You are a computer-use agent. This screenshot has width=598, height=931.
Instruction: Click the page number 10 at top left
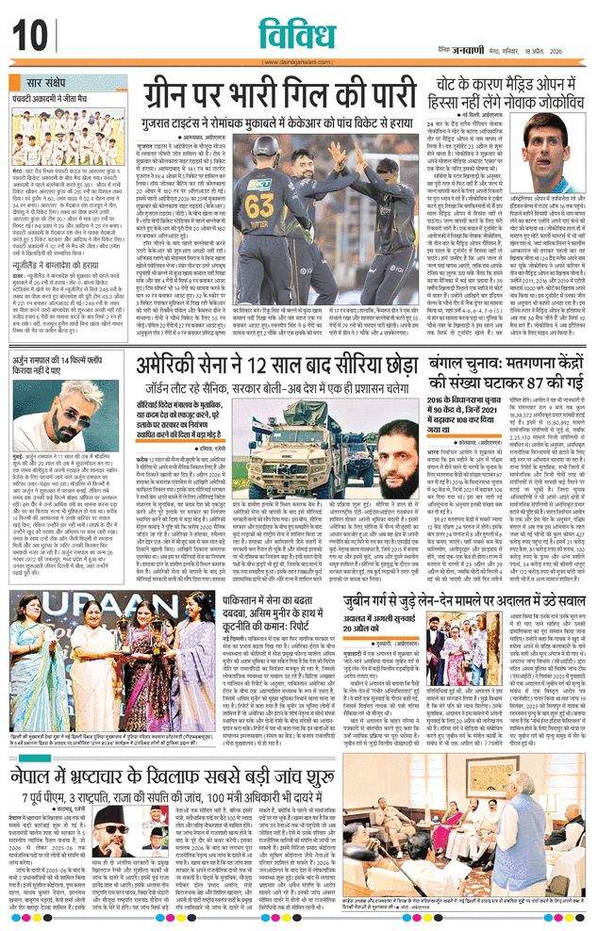(x=29, y=35)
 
